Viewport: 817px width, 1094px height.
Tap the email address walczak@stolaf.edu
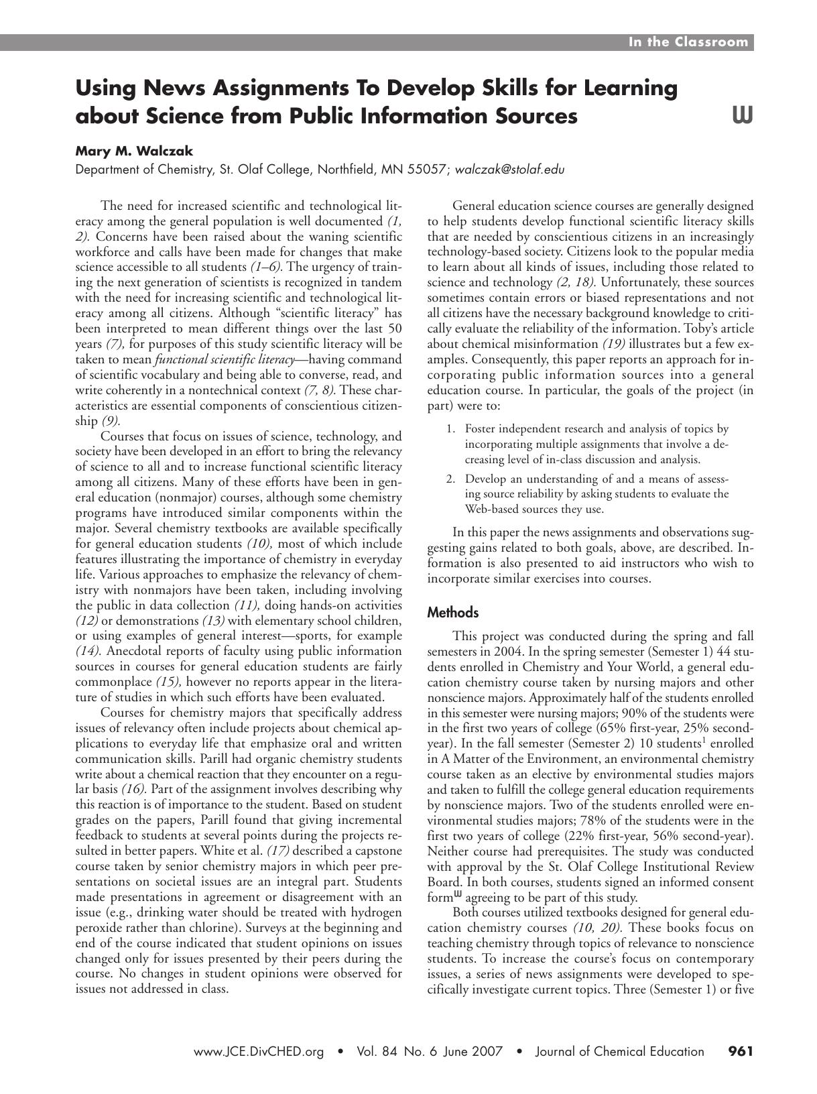pos(509,170)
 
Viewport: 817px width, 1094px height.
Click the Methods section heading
pos(453,612)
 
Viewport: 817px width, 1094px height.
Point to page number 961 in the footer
pos(741,1052)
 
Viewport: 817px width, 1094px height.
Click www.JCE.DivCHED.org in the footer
pos(259,1052)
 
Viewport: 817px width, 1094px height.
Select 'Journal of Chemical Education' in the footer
pos(619,1052)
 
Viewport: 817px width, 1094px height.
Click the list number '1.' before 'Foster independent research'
pos(451,428)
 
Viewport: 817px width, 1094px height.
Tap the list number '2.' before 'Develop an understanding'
pos(451,479)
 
